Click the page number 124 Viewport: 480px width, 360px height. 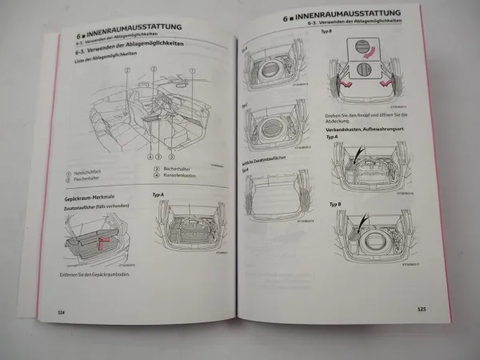pyautogui.click(x=60, y=310)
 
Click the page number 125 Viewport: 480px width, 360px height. pyautogui.click(x=421, y=308)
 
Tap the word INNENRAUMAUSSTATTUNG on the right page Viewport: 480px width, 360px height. pyautogui.click(x=361, y=18)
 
